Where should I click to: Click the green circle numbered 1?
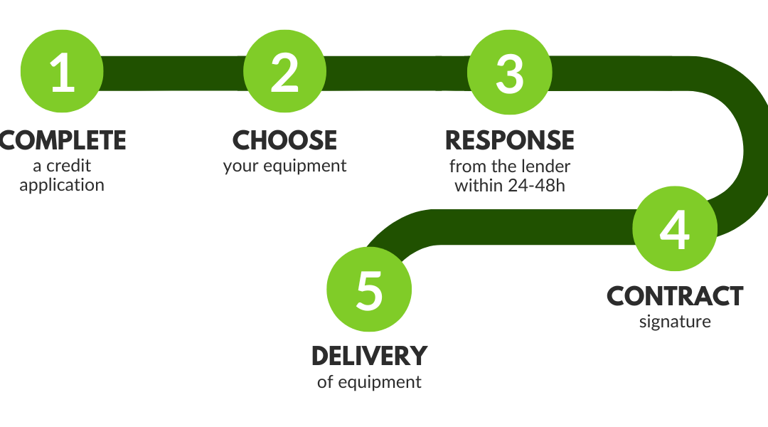coord(62,72)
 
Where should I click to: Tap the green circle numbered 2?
coord(284,72)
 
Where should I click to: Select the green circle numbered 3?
coord(510,72)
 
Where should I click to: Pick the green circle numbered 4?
coord(675,228)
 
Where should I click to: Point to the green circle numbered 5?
coord(369,289)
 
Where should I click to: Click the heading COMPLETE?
coord(63,141)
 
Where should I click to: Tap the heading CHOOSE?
coord(284,141)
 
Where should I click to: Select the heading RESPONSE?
coord(510,141)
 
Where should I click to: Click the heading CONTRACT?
coord(675,297)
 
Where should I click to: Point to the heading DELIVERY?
coord(369,357)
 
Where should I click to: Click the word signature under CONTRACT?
coord(675,322)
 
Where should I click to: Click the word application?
coord(62,186)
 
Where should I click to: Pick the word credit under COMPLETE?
coord(68,166)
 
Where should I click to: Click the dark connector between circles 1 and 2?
coord(174,73)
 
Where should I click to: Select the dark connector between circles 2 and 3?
coord(397,73)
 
